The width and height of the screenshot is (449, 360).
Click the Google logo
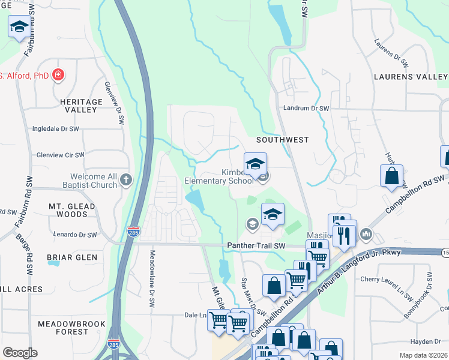[x=20, y=353]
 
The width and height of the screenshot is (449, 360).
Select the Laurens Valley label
[x=411, y=77]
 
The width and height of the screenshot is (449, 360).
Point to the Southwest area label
[x=282, y=140]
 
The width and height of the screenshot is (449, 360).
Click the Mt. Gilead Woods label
[x=68, y=210]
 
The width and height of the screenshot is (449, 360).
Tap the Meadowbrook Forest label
[x=63, y=327]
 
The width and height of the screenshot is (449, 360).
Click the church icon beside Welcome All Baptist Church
[x=126, y=179]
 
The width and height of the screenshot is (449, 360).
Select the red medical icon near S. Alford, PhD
[x=58, y=76]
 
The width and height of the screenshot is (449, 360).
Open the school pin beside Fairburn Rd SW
[x=20, y=27]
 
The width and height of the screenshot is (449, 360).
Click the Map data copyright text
[x=424, y=355]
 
